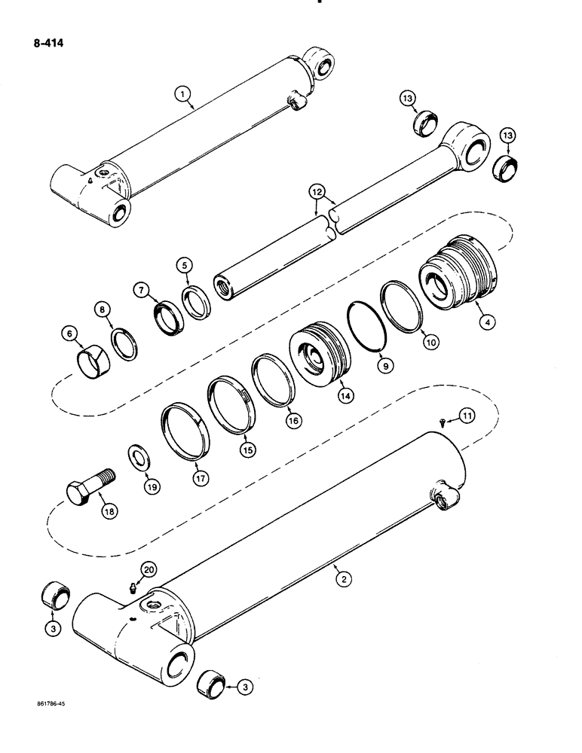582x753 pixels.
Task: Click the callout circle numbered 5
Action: click(x=185, y=265)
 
